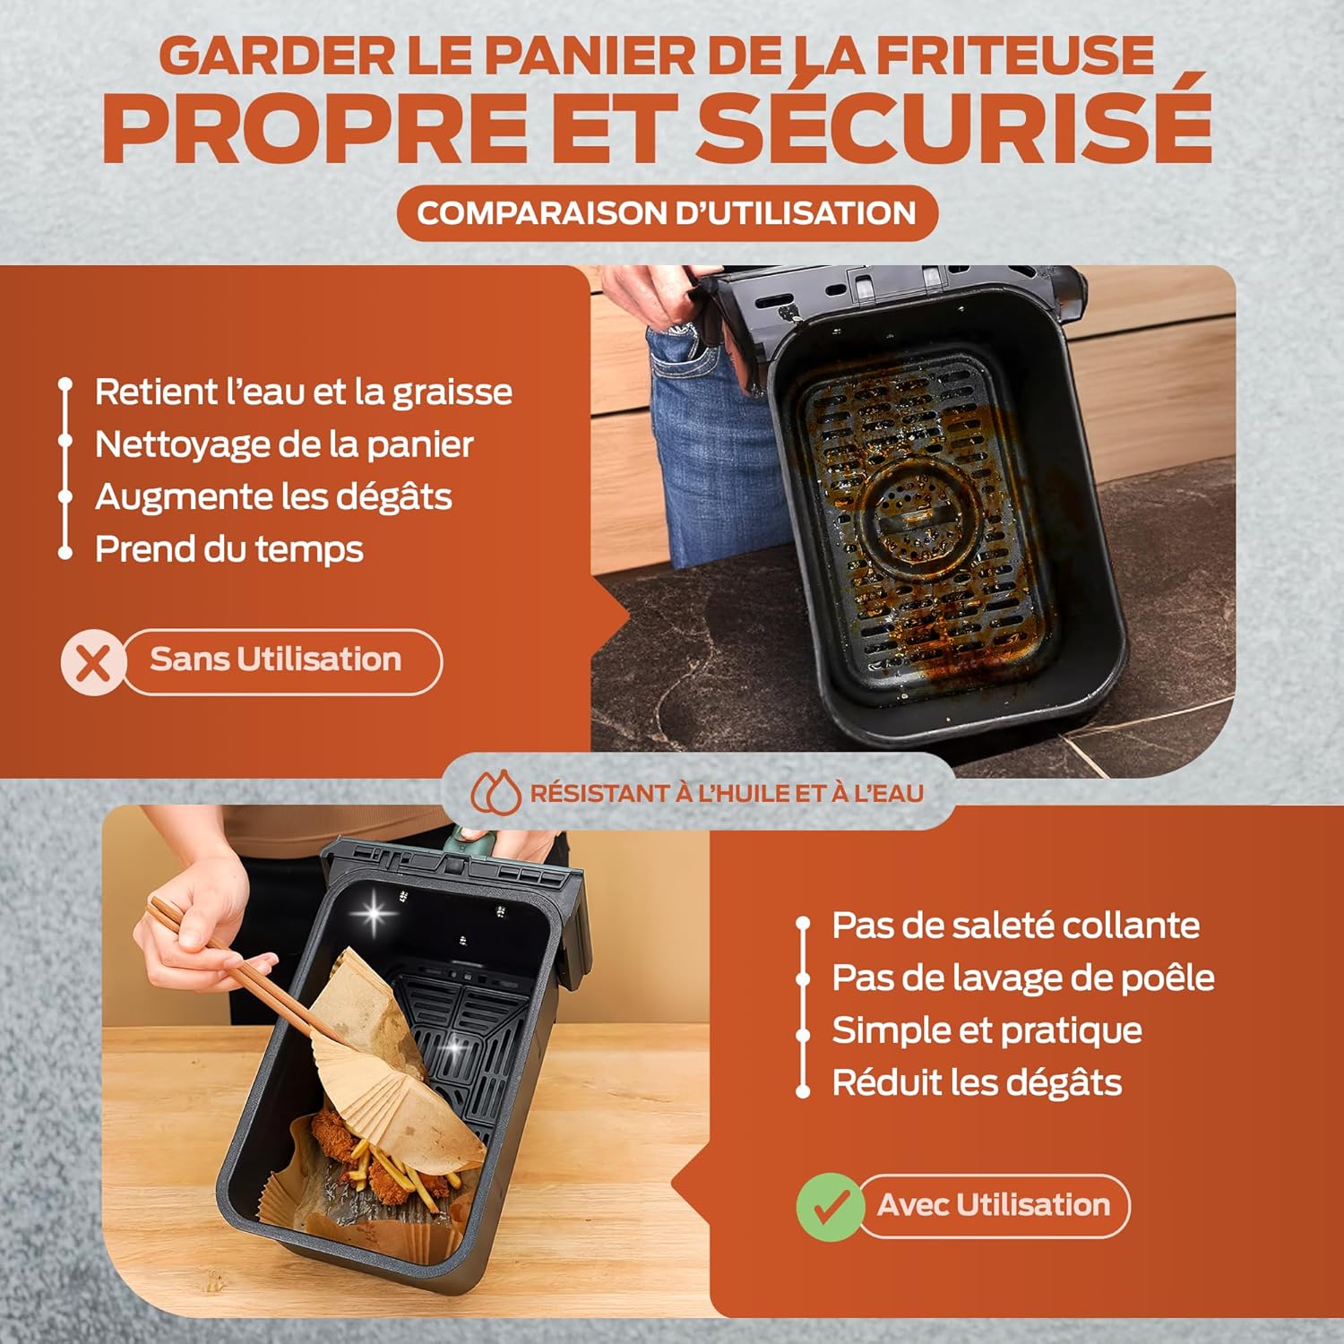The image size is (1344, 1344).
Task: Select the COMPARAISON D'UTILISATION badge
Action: coord(667,213)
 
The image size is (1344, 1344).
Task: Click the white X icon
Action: coord(92,663)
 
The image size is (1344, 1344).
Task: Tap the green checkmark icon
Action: coord(830,1207)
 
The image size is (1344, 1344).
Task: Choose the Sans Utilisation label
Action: coord(276,660)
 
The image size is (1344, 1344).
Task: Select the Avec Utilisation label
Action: coord(993,1205)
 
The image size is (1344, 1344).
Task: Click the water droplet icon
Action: coord(495,792)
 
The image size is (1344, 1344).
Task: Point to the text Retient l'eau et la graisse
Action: coord(303,392)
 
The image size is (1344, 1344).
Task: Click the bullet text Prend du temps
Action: coord(228,549)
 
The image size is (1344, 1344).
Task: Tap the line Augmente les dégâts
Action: coord(273,497)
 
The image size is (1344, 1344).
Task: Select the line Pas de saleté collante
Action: coord(1015,926)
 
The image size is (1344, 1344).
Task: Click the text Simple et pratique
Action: coord(986,1030)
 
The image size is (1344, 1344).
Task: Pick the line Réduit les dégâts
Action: coord(977,1082)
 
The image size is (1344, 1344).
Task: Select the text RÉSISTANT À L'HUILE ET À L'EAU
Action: coord(726,793)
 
